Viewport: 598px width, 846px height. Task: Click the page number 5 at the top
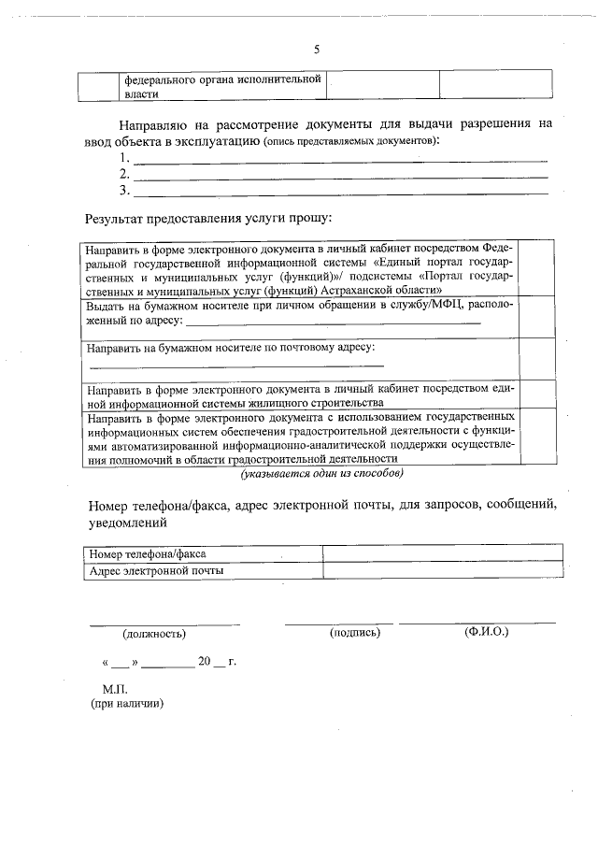(x=316, y=50)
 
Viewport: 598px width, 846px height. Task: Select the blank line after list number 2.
(x=341, y=176)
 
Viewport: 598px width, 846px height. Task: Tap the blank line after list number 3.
(x=341, y=193)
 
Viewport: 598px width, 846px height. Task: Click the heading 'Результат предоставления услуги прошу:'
(x=208, y=219)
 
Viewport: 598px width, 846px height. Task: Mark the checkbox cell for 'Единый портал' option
(x=537, y=268)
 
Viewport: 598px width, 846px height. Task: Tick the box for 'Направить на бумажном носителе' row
(x=537, y=359)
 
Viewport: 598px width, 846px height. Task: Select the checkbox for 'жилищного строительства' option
(x=537, y=394)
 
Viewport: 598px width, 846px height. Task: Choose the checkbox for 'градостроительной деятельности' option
(x=537, y=436)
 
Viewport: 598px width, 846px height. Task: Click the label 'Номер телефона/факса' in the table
(x=148, y=554)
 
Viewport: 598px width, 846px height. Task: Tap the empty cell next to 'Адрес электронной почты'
(x=442, y=570)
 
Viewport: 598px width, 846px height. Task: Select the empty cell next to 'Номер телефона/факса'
(x=442, y=554)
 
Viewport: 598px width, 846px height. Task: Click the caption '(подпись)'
(x=355, y=633)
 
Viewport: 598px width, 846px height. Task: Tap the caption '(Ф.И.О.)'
(x=486, y=633)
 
